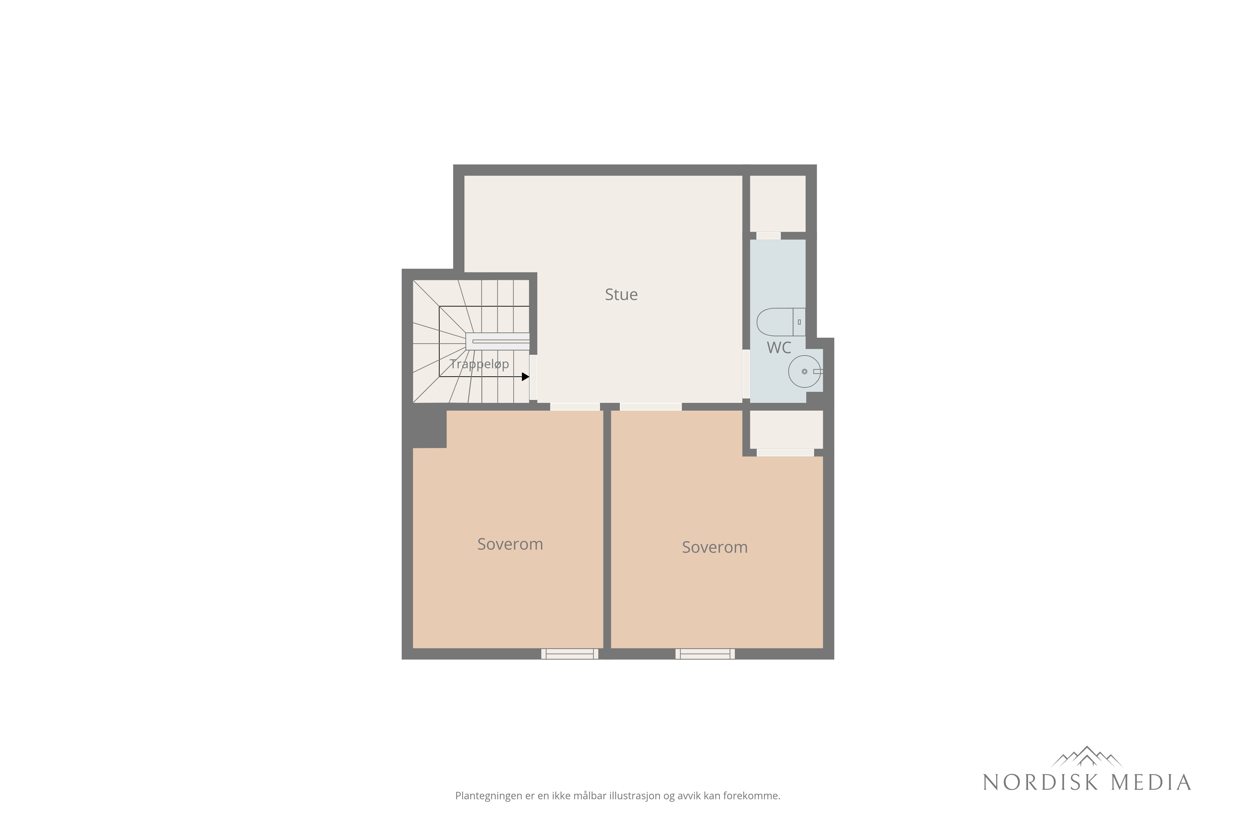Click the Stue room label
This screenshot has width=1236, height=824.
coord(621,295)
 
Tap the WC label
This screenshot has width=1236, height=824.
coord(779,348)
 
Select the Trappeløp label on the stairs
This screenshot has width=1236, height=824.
coord(479,365)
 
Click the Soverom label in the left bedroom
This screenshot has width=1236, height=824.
coord(510,544)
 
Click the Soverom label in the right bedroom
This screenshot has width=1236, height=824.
coord(715,547)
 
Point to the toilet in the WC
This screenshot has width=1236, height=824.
coord(781,322)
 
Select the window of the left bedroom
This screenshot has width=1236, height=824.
coord(570,654)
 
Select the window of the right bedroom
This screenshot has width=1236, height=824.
coord(705,654)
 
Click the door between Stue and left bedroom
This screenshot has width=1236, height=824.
coord(575,407)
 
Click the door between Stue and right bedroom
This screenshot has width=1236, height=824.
coord(650,407)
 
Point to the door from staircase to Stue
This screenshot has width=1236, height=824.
coord(533,377)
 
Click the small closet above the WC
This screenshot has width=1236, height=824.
coord(778,204)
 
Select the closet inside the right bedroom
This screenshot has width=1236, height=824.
coord(786,429)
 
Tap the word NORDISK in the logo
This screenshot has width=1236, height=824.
coord(1040,783)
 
